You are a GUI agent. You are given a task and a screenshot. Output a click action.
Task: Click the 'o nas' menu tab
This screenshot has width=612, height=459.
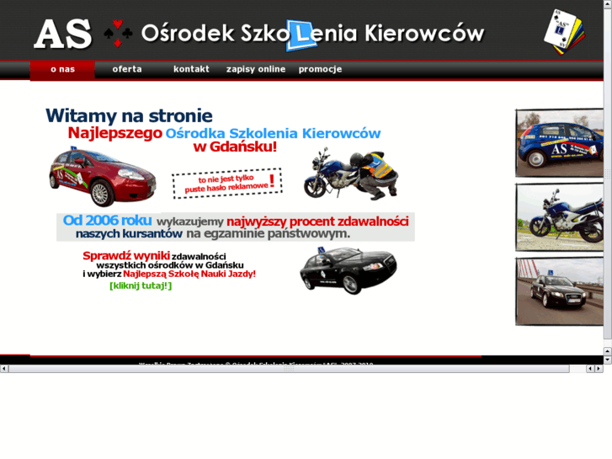62,69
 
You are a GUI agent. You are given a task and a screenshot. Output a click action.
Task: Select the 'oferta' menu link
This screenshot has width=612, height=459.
127,69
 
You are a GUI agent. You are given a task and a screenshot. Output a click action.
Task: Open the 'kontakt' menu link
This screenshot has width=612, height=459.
191,69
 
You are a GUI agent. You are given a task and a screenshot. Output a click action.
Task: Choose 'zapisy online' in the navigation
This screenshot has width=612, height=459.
256,69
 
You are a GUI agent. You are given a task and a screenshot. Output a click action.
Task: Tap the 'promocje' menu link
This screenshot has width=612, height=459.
320,69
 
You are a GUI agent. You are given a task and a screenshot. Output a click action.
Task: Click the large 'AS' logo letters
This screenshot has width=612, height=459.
63,34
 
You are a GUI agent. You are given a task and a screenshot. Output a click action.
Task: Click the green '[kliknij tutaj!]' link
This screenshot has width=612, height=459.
141,286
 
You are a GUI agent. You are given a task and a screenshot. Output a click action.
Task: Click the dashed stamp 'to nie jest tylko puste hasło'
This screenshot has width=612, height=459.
226,183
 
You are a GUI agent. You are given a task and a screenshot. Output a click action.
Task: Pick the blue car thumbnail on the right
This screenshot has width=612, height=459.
559,142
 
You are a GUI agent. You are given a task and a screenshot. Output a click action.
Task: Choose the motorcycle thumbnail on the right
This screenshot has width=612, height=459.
559,216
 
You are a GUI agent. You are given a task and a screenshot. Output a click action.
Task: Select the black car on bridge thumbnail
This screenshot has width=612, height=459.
559,291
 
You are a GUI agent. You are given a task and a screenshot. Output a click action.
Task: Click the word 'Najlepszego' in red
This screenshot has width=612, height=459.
114,133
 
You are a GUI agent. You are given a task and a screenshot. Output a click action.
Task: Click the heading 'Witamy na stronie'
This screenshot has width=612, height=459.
129,115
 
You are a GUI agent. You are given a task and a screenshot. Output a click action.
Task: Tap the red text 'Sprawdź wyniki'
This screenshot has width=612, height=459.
126,255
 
